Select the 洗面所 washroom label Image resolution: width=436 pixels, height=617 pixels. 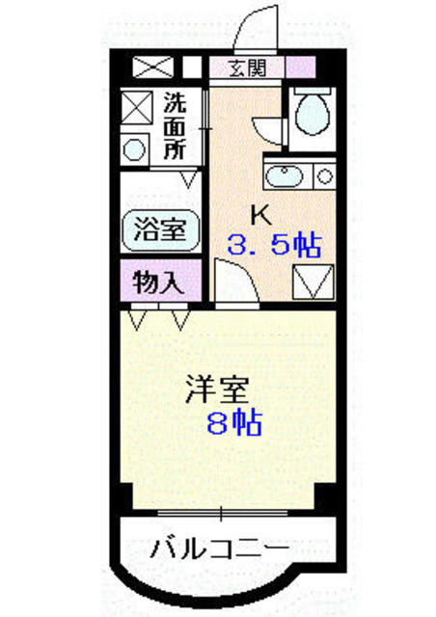click(175, 125)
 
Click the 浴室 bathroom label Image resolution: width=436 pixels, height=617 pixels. click(160, 230)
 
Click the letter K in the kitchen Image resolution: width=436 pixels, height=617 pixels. click(259, 214)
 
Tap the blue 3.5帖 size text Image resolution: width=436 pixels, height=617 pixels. click(274, 246)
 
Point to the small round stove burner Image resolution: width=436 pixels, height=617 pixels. click(324, 175)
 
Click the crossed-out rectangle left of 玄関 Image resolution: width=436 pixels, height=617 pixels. click(152, 67)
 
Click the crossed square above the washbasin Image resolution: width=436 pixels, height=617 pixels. click(136, 108)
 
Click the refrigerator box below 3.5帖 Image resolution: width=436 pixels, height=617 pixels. click(312, 283)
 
